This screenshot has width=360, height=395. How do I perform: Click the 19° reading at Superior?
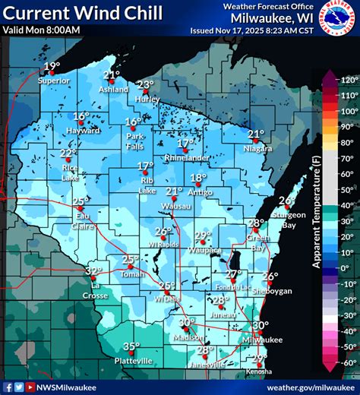(x=52, y=67)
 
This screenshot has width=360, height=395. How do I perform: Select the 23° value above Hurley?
(x=145, y=85)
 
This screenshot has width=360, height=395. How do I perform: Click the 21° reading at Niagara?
(x=256, y=134)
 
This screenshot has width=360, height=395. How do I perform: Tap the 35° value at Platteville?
(x=131, y=346)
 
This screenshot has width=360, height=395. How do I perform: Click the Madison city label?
(x=187, y=337)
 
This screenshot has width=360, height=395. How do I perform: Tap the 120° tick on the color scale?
(x=348, y=79)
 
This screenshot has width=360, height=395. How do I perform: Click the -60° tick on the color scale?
(x=348, y=363)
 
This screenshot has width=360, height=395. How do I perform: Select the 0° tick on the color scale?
(x=348, y=268)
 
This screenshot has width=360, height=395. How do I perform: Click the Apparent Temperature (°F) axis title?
(x=317, y=220)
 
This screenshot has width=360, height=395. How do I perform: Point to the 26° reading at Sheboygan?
(x=270, y=277)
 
